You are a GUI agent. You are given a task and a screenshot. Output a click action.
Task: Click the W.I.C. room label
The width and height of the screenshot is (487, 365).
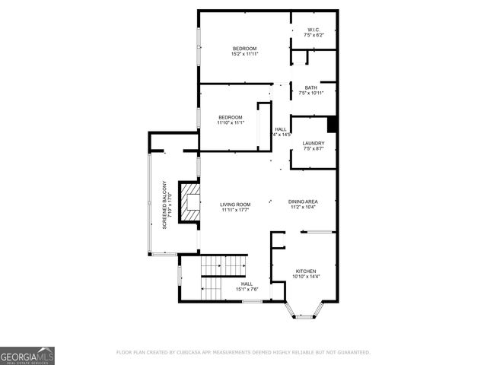tap(314, 30)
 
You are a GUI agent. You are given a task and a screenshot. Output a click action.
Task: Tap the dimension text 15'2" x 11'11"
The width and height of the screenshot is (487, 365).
tap(244, 54)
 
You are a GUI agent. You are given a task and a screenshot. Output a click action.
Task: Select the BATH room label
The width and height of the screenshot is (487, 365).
tap(311, 87)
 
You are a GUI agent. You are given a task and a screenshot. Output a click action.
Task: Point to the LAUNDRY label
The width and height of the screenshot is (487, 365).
tap(314, 143)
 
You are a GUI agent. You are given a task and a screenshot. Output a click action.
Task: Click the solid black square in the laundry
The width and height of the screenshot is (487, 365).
tap(332, 122)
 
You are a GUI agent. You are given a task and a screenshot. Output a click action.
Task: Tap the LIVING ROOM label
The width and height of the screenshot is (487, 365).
tap(236, 205)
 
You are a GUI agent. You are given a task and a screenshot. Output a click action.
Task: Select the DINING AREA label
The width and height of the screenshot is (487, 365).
tap(303, 202)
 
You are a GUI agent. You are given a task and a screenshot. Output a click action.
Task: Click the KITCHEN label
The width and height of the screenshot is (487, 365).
tap(305, 271)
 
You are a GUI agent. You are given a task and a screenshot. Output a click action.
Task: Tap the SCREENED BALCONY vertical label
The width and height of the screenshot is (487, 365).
tap(164, 205)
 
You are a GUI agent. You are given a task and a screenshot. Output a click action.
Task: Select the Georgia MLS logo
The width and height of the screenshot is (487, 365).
tap(27, 356)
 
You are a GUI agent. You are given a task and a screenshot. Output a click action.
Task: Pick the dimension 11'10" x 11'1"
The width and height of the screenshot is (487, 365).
tap(231, 122)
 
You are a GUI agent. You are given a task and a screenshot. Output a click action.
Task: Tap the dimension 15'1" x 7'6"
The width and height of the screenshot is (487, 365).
tap(247, 289)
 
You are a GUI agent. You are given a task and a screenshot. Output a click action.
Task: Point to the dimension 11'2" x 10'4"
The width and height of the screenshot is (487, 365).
tap(303, 208)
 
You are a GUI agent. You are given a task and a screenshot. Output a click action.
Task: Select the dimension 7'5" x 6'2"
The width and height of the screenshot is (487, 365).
tap(314, 36)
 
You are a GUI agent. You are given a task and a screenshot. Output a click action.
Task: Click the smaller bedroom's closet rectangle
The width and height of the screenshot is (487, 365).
tap(264, 128)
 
